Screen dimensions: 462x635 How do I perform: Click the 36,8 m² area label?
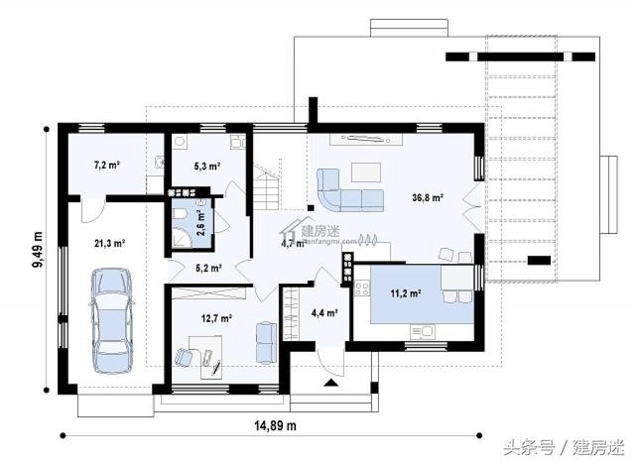click(428, 198)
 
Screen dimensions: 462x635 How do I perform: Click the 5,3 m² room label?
click(206, 167)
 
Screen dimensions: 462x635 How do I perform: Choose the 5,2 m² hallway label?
click(206, 268)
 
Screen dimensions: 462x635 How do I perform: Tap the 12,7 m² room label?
click(217, 318)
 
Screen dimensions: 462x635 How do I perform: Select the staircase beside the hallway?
click(267, 185)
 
